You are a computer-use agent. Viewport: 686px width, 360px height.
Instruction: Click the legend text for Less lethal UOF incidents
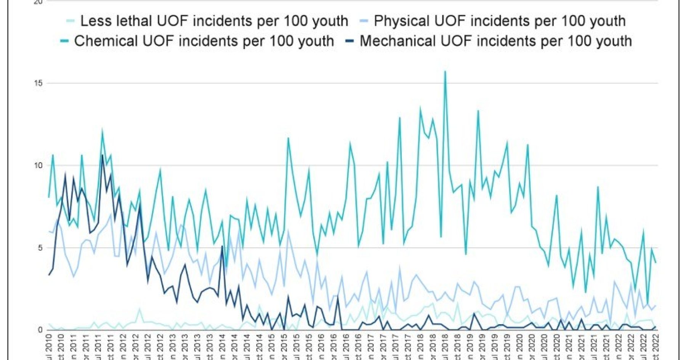[214, 21]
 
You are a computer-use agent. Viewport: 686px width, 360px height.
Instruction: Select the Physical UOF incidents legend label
[500, 21]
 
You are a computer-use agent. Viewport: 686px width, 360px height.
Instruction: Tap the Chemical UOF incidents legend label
[204, 41]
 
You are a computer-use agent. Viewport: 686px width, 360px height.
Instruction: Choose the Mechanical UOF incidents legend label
[495, 41]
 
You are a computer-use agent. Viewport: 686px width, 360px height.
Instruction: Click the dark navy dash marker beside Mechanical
[349, 41]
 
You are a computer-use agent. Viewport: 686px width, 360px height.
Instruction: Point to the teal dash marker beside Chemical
[64, 41]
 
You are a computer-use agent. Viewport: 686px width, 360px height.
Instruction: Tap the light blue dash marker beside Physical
[364, 21]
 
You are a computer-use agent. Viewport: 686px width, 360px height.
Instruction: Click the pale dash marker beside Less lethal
[70, 21]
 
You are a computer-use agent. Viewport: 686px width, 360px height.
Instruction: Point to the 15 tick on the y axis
[38, 83]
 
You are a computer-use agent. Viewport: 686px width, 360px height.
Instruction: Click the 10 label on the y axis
[38, 165]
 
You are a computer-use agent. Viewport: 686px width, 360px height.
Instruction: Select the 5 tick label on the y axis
[40, 248]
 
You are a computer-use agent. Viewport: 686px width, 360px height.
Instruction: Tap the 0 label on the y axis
[40, 330]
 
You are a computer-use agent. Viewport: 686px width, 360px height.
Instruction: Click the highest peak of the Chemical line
[445, 72]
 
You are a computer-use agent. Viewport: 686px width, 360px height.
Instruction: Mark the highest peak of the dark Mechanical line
[102, 155]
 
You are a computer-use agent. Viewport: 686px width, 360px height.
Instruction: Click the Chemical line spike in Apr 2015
[288, 138]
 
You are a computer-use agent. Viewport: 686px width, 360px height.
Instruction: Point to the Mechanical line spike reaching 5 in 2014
[222, 246]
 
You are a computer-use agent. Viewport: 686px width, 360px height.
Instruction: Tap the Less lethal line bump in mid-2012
[139, 309]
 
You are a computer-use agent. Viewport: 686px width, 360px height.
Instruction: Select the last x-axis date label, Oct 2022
[656, 347]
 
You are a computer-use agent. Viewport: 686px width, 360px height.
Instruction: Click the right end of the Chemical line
[656, 262]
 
